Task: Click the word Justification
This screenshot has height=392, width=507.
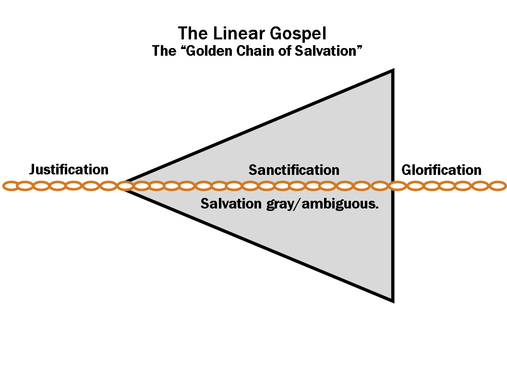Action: (x=69, y=170)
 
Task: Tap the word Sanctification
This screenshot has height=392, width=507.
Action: (x=294, y=170)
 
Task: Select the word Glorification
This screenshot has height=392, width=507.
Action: (x=441, y=170)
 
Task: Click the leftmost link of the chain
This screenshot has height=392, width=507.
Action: (x=11, y=185)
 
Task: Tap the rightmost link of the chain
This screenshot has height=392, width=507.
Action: (x=497, y=185)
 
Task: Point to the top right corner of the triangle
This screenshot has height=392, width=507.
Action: (x=392, y=72)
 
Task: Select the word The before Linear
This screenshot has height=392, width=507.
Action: (x=191, y=34)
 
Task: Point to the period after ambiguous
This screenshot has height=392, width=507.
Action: (x=377, y=208)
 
